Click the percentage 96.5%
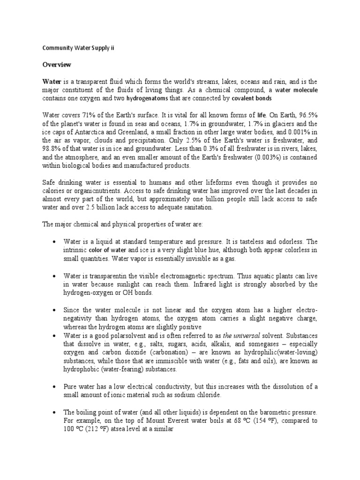pyautogui.click(x=307, y=114)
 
